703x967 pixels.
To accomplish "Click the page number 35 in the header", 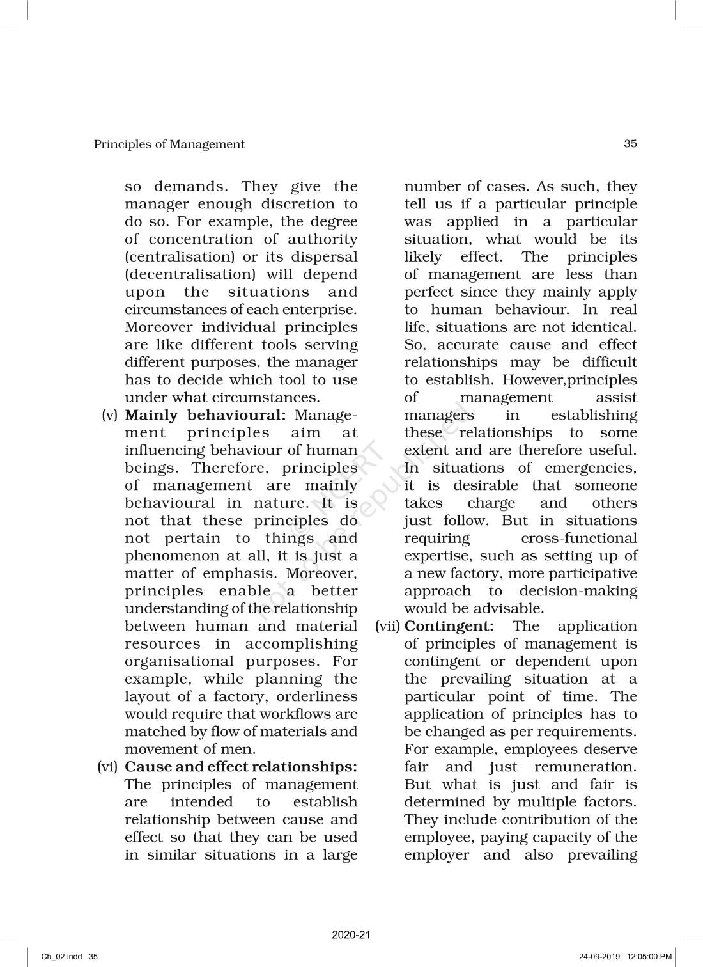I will pyautogui.click(x=630, y=144).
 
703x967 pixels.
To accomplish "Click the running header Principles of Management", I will pyautogui.click(x=169, y=145).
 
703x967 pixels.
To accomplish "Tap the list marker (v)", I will pyautogui.click(x=110, y=415).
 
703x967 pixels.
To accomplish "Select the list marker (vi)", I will pyautogui.click(x=107, y=767).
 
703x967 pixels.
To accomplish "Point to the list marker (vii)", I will pyautogui.click(x=388, y=626).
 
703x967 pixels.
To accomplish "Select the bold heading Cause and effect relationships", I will pyautogui.click(x=240, y=767).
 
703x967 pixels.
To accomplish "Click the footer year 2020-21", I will pyautogui.click(x=351, y=935).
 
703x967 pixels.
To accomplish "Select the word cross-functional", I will pyautogui.click(x=579, y=539).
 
